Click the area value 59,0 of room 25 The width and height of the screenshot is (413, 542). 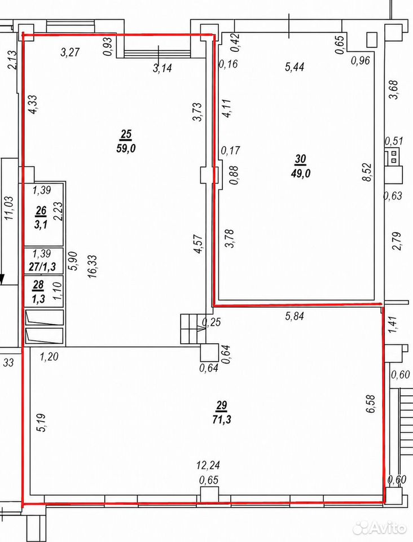[x=126, y=148]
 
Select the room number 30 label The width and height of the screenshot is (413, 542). [x=300, y=159]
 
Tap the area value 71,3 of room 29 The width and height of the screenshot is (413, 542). [x=222, y=419]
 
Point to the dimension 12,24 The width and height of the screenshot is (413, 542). [x=208, y=465]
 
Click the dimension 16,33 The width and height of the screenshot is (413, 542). [x=92, y=266]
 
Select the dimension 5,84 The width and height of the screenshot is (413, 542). [x=295, y=316]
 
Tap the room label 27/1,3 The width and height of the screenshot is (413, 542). [x=44, y=267]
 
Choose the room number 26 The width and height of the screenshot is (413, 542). [x=41, y=211]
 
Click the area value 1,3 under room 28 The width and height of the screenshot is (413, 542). [x=39, y=299]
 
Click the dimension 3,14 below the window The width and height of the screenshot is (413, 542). [x=162, y=68]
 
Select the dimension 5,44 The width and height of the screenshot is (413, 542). [x=295, y=67]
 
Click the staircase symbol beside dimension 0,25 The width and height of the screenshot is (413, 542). [x=193, y=329]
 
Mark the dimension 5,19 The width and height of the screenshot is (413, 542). [x=42, y=423]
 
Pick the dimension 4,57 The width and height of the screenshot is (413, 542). [x=199, y=244]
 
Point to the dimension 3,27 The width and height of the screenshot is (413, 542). [x=70, y=52]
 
